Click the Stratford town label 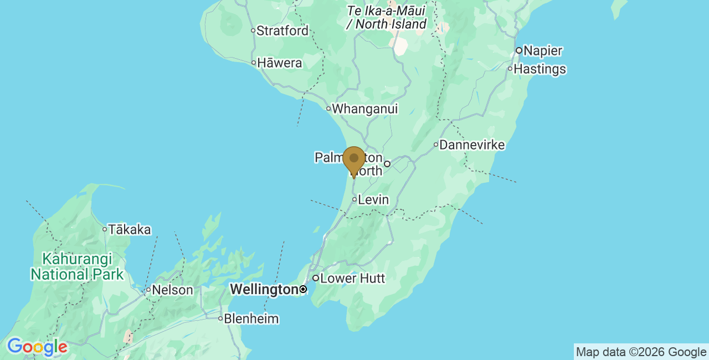(x=282, y=31)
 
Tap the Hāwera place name (x=280, y=63)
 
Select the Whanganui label (x=364, y=109)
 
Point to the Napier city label (x=543, y=51)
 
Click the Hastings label (x=540, y=69)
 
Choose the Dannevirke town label (x=472, y=145)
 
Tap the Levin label (x=373, y=200)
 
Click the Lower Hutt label (x=352, y=279)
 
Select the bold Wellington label (x=264, y=290)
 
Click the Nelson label (x=172, y=290)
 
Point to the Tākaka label (x=130, y=229)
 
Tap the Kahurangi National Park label (x=77, y=266)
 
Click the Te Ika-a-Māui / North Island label (x=386, y=17)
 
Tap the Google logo (x=37, y=347)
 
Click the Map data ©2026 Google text (x=641, y=352)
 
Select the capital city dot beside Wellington (x=303, y=289)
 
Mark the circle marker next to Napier (x=519, y=51)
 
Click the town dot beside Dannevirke (x=436, y=145)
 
